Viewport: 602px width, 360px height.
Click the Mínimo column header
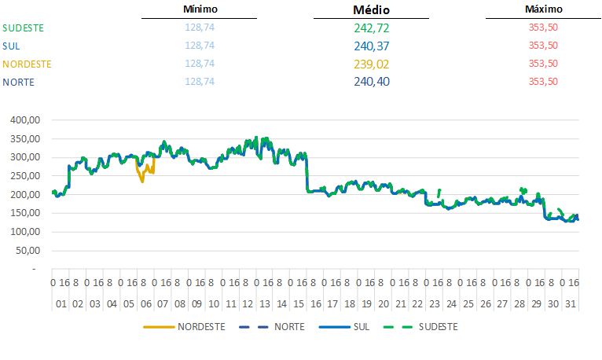coord(200,9)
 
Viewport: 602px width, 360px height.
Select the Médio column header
coord(372,10)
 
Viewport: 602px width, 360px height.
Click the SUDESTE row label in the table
coord(23,28)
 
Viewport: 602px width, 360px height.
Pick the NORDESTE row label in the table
coord(27,64)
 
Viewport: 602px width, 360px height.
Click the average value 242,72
coord(372,28)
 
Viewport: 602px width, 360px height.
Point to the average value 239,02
coord(372,64)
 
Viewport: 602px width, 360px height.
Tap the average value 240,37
coord(372,46)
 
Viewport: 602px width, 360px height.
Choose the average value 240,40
coord(372,82)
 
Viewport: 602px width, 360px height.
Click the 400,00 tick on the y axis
coord(24,120)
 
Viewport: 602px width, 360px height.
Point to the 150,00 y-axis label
coord(24,213)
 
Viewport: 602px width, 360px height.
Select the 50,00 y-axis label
coord(26,250)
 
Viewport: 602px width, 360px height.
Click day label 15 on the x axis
coord(299,304)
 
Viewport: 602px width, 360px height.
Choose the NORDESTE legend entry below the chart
coord(201,326)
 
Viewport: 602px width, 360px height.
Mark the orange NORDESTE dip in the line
coord(142,179)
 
